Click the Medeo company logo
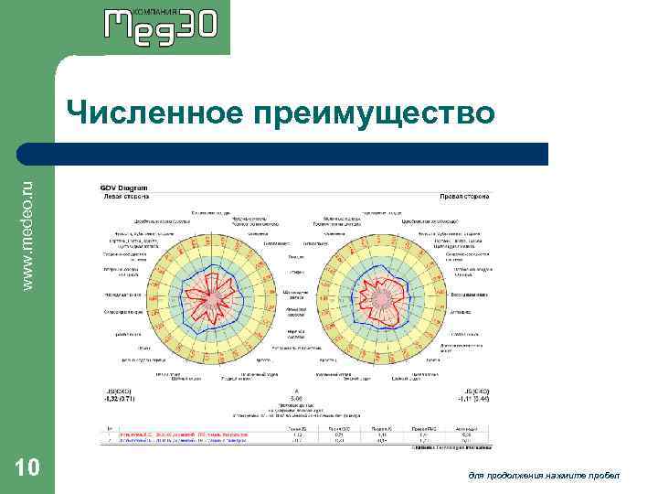[x=161, y=25]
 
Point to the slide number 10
[x=27, y=468]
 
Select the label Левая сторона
[x=123, y=196]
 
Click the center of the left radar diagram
[x=213, y=299]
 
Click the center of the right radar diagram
[x=382, y=299]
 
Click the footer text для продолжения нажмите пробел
[x=543, y=475]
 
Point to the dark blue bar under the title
[x=302, y=154]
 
